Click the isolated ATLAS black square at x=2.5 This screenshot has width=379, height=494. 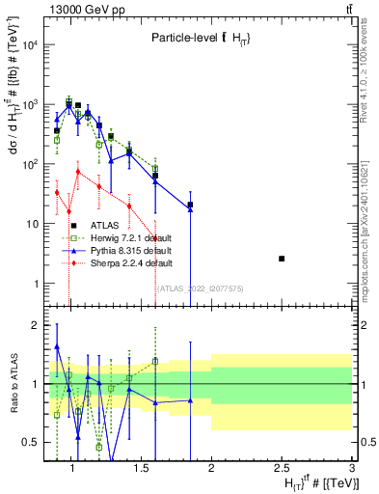[x=282, y=259]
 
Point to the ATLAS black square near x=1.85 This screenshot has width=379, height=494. [x=191, y=205]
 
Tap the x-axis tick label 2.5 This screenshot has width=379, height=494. [x=282, y=469]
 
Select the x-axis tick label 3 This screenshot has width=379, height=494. [x=353, y=469]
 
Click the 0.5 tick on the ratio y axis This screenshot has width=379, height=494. [x=33, y=442]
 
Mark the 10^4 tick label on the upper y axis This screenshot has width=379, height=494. [x=29, y=44]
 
